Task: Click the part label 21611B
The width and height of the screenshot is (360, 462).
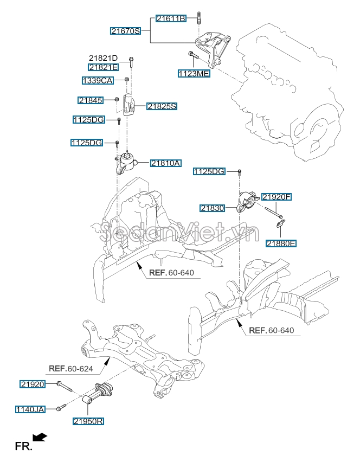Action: [171, 18]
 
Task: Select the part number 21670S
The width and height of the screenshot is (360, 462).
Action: [126, 31]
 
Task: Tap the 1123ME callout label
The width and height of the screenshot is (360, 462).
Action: [194, 73]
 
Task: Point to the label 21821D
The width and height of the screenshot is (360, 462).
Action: [104, 58]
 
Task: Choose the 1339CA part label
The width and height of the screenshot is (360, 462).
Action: [98, 80]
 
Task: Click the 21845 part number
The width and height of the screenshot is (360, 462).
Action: [90, 100]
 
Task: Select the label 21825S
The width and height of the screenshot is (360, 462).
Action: [162, 106]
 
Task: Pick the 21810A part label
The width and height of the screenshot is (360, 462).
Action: [165, 162]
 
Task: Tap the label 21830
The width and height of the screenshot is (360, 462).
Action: [212, 208]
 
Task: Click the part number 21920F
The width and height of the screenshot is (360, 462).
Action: [277, 197]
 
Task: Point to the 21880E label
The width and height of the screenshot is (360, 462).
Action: [280, 243]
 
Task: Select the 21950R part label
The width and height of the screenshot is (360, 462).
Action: [88, 420]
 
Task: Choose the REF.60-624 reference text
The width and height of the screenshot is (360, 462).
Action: [71, 369]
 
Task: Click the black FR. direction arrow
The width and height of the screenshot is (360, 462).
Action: [40, 437]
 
